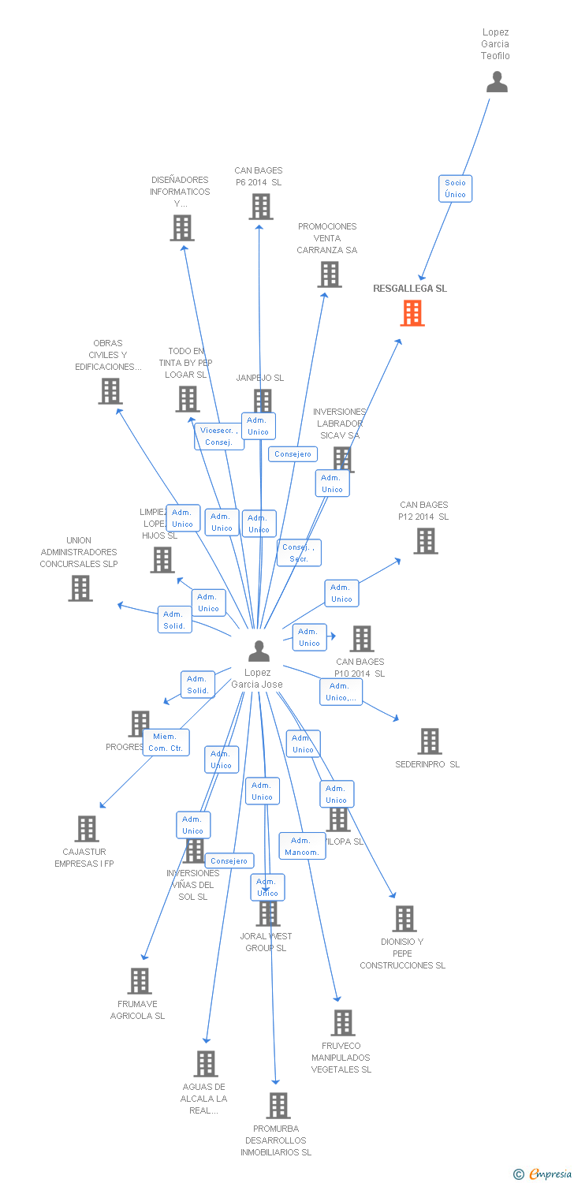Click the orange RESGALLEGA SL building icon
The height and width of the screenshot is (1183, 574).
(412, 313)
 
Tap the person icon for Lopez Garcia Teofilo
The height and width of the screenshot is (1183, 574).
(497, 82)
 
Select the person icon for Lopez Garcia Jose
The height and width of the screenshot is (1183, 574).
(259, 651)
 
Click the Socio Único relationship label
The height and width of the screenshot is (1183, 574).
(455, 188)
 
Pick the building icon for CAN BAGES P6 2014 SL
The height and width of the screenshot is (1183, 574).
(261, 206)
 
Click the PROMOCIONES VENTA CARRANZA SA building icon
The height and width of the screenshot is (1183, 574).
(329, 274)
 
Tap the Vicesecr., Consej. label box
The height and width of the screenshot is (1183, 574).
(219, 436)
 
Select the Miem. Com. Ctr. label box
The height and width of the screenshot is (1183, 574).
(166, 742)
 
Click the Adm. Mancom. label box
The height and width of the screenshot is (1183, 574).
(301, 846)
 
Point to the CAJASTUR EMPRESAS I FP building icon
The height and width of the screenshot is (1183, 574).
(87, 829)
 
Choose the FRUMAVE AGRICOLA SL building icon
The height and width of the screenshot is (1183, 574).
(140, 981)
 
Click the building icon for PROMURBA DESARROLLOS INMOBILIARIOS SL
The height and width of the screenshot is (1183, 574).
(278, 1106)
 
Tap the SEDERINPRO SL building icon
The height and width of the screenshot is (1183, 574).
(429, 741)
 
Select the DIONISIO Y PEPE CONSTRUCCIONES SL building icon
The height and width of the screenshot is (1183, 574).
(404, 919)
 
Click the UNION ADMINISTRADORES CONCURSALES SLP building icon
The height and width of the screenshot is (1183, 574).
(80, 588)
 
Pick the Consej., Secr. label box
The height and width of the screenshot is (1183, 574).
(299, 553)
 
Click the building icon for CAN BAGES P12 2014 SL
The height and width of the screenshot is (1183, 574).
(426, 541)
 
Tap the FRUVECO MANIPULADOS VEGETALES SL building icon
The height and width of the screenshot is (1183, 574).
(342, 1023)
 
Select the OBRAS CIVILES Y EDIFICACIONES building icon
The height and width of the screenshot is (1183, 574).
(110, 391)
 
